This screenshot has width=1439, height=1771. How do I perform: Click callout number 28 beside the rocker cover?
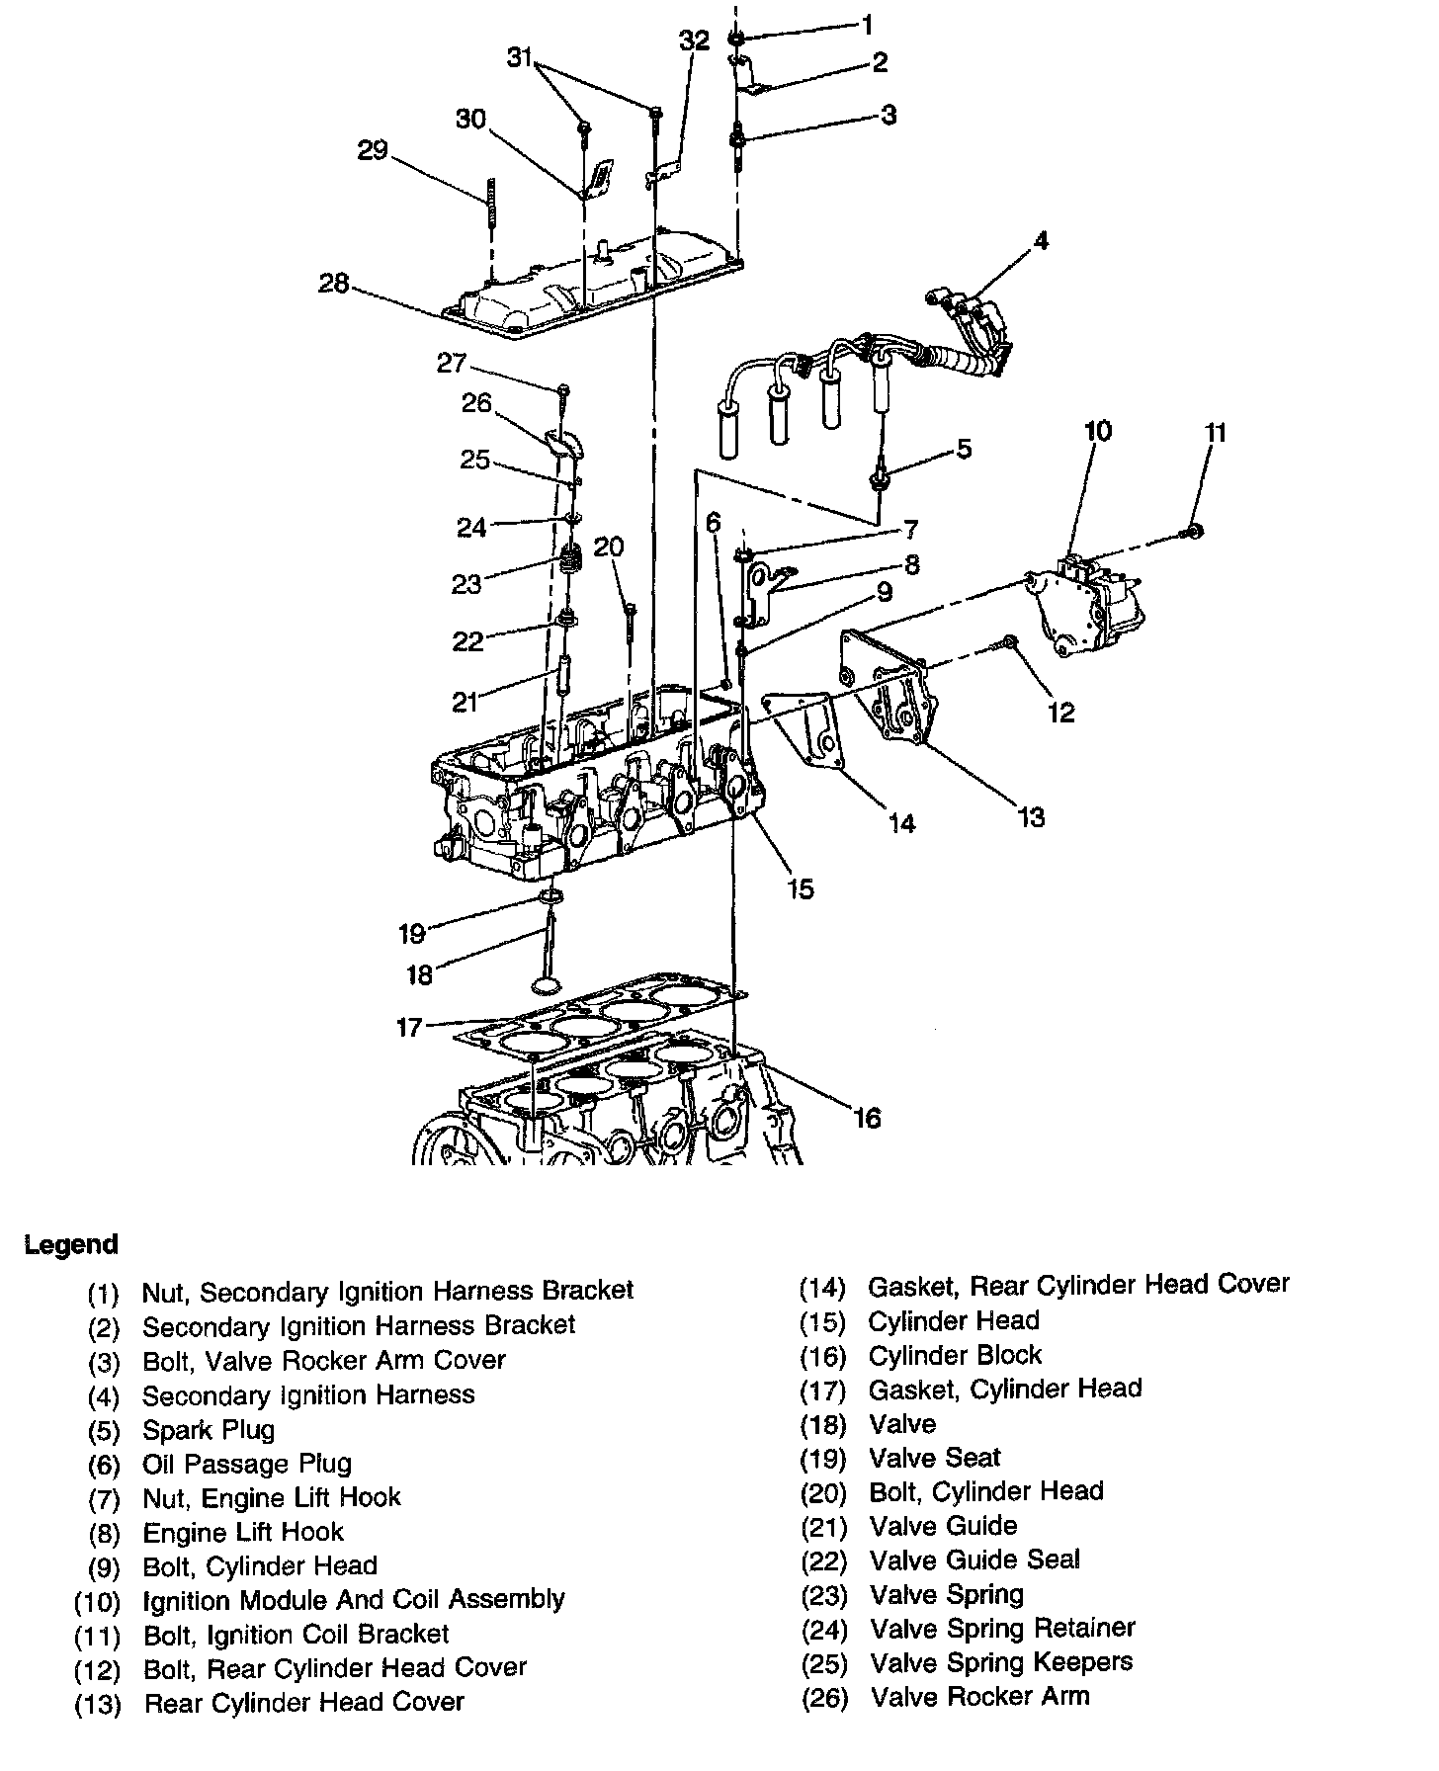pos(333,284)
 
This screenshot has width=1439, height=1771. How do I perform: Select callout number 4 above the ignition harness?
pos(1041,241)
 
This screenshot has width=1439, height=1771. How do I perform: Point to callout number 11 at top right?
pos(1216,433)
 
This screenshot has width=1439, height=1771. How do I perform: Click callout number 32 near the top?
pos(694,41)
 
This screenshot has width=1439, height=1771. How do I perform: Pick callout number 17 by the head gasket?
pos(409,1028)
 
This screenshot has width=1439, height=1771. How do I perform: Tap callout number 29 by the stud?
pos(373,151)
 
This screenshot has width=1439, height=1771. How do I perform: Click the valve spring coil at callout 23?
pos(570,562)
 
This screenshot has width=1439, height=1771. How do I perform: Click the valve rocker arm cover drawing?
pos(593,287)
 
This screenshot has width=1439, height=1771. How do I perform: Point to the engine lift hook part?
pos(766,593)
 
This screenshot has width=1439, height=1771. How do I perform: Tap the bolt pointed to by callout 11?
pos(1192,533)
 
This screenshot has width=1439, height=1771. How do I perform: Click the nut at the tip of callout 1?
pos(736,39)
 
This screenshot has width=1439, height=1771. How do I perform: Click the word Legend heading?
pos(71,1244)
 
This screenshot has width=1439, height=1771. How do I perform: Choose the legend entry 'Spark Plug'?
pos(209,1430)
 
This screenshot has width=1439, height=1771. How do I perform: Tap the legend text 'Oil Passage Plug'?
pos(247,1464)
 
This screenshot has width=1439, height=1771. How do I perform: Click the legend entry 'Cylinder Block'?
pos(955,1355)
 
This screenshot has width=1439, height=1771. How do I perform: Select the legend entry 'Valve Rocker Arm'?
pos(979,1697)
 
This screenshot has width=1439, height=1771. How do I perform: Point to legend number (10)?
pos(98,1601)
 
